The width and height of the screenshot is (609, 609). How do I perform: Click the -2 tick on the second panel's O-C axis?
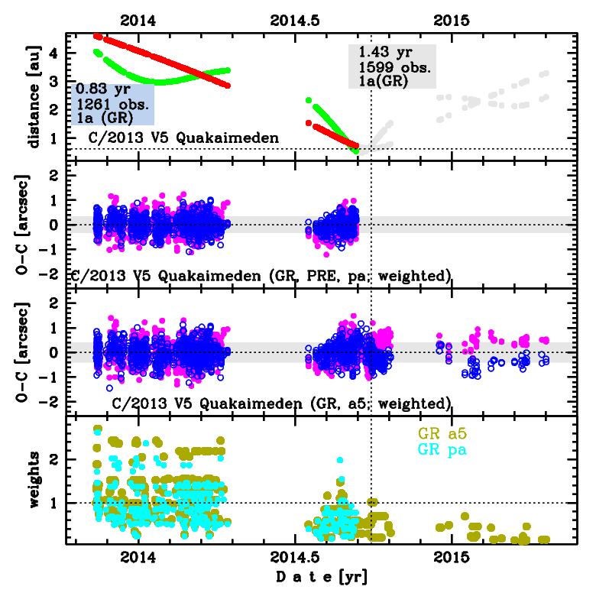[54, 274]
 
